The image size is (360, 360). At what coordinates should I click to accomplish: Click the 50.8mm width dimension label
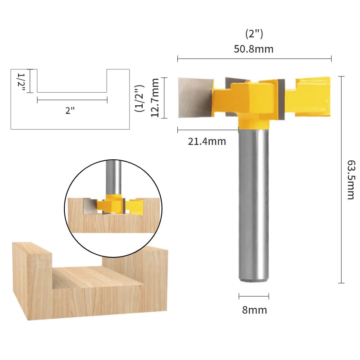[x=253, y=49]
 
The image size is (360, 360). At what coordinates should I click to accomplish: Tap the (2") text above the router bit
[x=254, y=34]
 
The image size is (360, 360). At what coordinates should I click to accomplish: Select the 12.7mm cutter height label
[x=155, y=98]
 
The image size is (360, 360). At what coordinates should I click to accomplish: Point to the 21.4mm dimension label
[x=207, y=141]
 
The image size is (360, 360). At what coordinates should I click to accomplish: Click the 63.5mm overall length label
[x=351, y=180]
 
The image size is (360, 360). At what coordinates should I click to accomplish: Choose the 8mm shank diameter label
[x=254, y=310]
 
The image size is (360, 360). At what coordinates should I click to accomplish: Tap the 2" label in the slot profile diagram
[x=70, y=110]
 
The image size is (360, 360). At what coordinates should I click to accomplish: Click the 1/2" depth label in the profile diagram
[x=21, y=82]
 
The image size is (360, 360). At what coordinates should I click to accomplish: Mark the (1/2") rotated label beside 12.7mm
[x=139, y=98]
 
